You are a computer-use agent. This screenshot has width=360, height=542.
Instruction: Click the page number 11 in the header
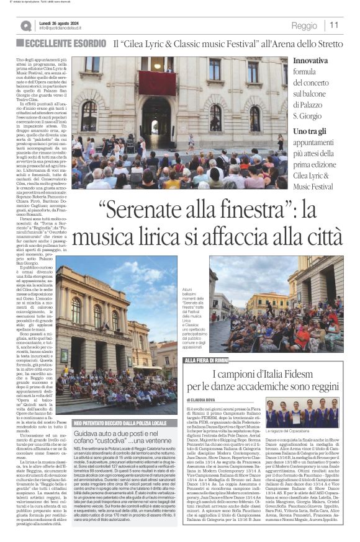334,25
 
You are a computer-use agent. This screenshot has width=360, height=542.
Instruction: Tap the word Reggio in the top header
304,25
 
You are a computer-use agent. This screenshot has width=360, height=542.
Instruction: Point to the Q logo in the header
25,25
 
